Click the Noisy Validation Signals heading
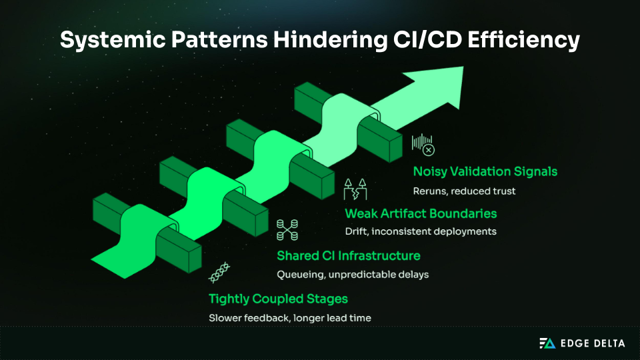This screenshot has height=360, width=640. [x=485, y=171]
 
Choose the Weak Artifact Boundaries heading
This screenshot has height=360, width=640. [x=421, y=213]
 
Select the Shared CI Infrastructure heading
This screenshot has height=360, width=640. [x=348, y=255]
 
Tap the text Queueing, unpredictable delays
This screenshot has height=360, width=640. [x=353, y=274]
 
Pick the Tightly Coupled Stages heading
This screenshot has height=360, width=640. [x=278, y=298]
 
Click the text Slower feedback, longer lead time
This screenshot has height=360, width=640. [x=290, y=318]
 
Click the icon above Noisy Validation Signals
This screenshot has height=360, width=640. [x=423, y=144]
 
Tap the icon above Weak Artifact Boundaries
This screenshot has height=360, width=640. [x=355, y=189]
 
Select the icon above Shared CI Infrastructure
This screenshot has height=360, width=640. [x=287, y=229]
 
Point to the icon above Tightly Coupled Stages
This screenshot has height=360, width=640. [x=220, y=272]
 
